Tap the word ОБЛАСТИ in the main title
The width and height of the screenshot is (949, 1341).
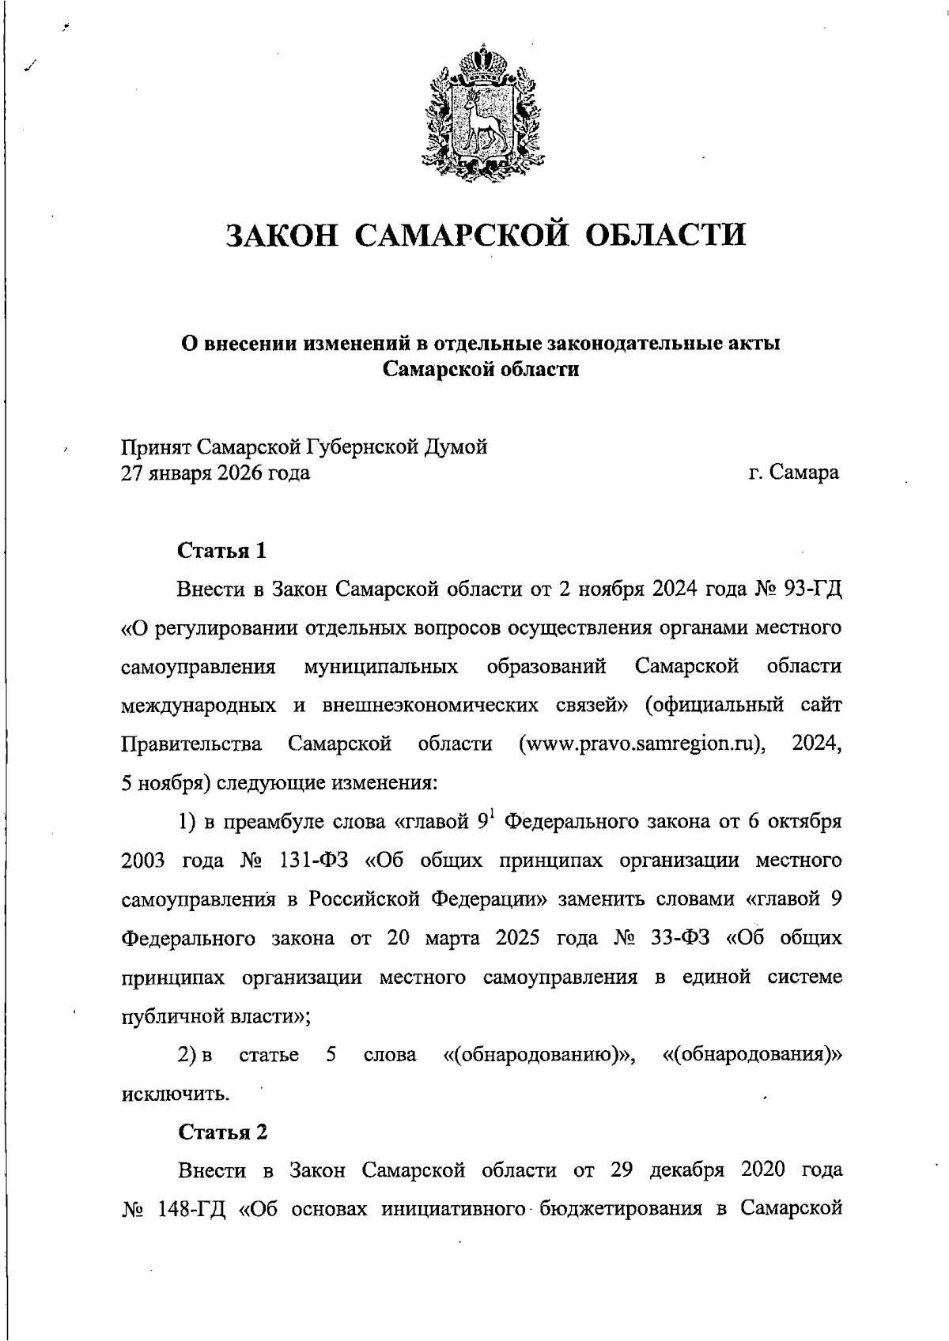pos(668,235)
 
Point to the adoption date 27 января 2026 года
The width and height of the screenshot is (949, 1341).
pos(215,473)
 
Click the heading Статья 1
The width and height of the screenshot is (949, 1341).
pos(222,550)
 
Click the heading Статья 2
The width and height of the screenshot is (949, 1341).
pos(222,1132)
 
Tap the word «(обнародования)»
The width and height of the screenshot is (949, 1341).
pos(750,1055)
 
